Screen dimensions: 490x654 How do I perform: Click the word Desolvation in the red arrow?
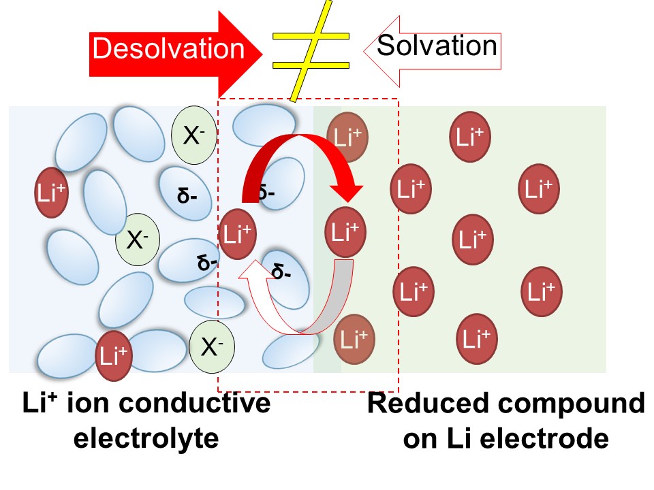[x=168, y=49]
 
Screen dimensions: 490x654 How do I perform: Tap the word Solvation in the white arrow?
[x=437, y=46]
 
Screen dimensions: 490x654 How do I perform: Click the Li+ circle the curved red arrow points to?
[x=347, y=232]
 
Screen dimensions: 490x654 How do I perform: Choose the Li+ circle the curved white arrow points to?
[x=237, y=234]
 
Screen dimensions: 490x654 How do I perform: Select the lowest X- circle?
[x=212, y=348]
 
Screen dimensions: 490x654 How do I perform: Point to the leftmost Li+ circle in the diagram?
[x=52, y=193]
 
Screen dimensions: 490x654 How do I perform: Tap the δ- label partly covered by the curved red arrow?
[x=267, y=193]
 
